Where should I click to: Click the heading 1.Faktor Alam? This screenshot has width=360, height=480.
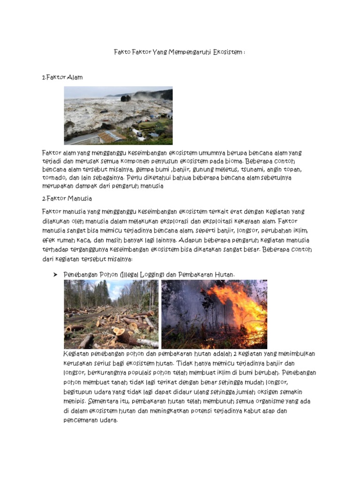click(62, 77)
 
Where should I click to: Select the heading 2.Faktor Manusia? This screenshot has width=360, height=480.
click(67, 199)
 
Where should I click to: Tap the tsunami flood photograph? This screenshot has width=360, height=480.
click(118, 115)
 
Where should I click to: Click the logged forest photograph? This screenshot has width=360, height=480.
click(111, 314)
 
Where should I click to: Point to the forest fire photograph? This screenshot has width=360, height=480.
click(214, 314)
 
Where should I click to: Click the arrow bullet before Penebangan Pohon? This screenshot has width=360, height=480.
click(54, 274)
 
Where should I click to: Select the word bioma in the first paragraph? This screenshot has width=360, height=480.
click(230, 161)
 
